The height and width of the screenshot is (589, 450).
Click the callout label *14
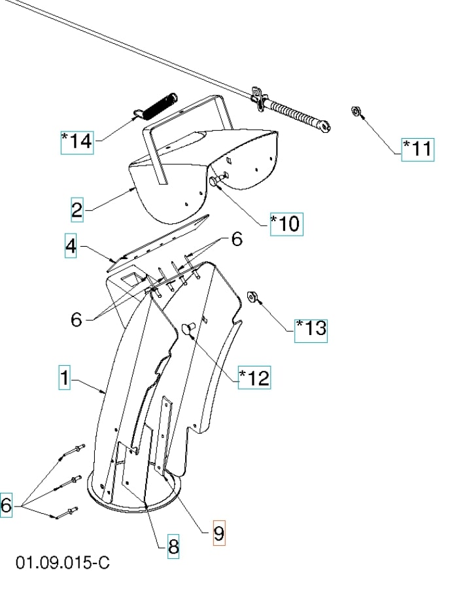77,141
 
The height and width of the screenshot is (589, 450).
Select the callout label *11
417,149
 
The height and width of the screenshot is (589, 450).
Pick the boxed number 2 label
78,210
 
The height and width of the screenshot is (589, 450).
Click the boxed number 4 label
71,246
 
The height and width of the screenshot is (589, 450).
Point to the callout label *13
310,327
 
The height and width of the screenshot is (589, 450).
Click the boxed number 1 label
64,378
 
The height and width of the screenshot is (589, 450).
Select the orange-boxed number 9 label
218,533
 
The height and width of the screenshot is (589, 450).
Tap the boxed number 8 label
173,545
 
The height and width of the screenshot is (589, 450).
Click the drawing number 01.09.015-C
63,563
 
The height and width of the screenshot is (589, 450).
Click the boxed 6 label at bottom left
7,505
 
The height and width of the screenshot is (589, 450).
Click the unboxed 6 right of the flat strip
236,240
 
